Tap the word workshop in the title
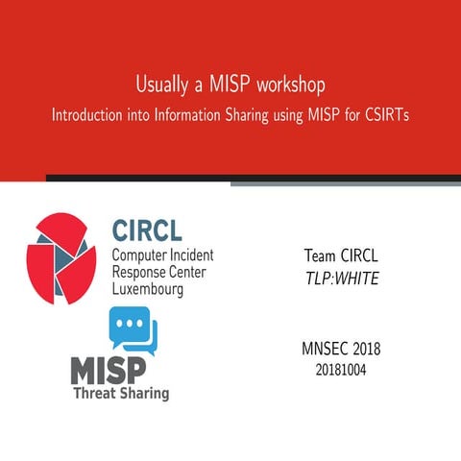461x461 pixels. point(299,85)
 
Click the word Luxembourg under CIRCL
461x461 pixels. point(148,288)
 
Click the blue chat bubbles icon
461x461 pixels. point(133,330)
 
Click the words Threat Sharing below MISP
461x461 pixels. point(122,394)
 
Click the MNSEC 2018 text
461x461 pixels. point(340,349)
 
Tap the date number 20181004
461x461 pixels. point(340,369)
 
